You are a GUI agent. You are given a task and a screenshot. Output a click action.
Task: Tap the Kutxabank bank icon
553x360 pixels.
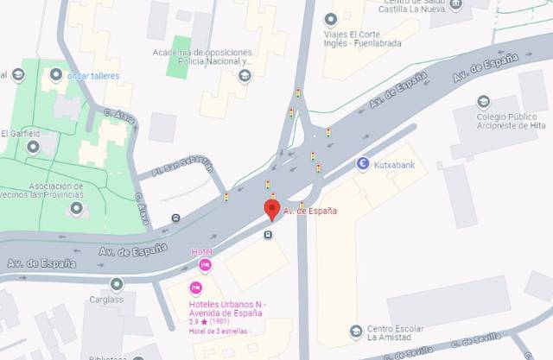(x=363, y=163)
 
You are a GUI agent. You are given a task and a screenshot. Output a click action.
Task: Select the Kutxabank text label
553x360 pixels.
(x=397, y=163)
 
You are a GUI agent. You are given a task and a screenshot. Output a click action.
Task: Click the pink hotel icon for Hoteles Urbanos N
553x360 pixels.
(x=195, y=288)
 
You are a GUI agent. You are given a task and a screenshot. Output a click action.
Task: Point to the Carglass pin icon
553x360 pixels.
(x=117, y=284)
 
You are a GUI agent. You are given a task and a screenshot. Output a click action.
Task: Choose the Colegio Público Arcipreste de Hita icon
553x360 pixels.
(x=483, y=102)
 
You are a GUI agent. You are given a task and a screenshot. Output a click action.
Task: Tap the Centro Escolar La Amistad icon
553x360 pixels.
(x=355, y=331)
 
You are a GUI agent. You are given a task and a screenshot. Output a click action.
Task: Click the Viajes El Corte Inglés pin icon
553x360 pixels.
(x=329, y=19)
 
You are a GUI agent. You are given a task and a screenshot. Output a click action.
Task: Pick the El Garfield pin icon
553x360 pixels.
(x=33, y=146)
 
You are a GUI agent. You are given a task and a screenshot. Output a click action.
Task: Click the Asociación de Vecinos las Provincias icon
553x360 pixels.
(x=77, y=208)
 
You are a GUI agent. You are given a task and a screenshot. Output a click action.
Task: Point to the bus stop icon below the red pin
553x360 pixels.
(x=268, y=235)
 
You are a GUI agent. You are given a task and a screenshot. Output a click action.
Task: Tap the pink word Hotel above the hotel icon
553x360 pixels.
(x=200, y=251)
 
